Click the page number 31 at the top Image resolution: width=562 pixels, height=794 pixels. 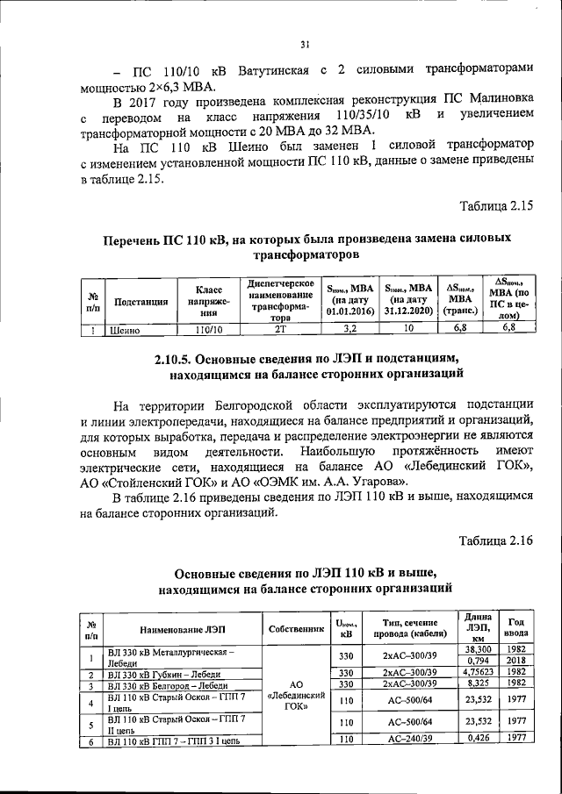pos(304,46)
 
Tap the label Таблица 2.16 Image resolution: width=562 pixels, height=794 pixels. pos(497,539)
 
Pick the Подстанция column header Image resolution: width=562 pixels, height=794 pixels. pos(140,302)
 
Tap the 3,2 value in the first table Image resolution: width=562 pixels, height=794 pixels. pos(349,330)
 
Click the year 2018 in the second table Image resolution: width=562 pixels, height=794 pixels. pos(516,661)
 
